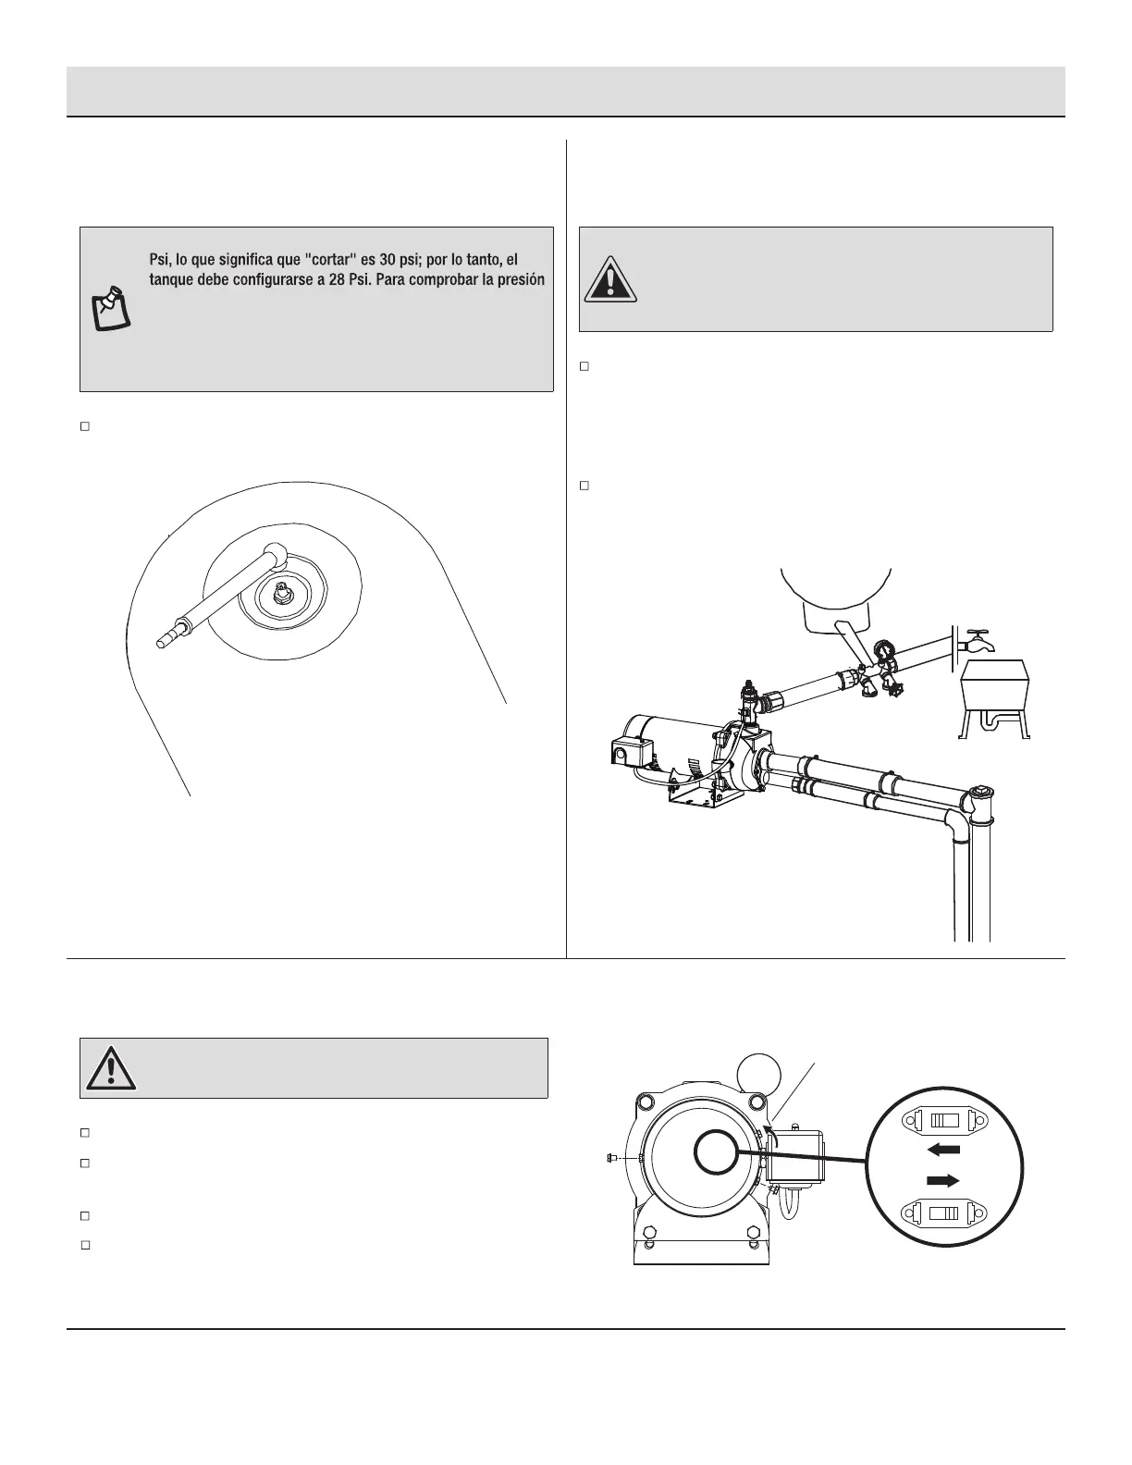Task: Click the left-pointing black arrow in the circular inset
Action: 943,1150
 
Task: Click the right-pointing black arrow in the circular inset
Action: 943,1180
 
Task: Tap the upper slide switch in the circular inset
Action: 944,1121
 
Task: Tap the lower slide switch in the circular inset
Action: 944,1213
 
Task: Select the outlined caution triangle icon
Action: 111,1068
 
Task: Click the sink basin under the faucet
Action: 993,684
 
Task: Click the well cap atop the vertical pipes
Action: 979,797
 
